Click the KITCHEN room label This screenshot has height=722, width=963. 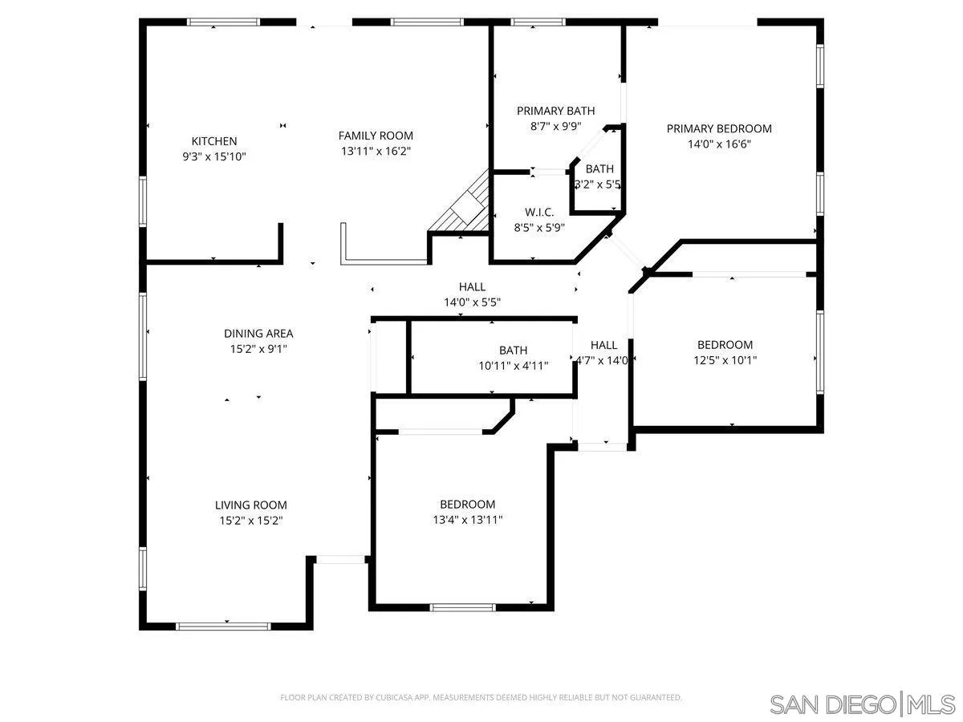[213, 141]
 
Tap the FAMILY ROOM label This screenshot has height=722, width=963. [376, 136]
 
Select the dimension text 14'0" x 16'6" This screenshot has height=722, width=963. [719, 144]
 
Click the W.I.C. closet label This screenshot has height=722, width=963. [539, 212]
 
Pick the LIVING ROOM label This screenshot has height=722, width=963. [250, 505]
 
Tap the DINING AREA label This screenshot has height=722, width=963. [258, 333]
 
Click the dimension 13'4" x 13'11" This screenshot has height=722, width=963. [467, 519]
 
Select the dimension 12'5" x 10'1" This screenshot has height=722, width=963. [725, 360]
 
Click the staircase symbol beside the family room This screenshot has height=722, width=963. [468, 207]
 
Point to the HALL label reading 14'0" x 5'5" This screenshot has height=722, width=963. [472, 286]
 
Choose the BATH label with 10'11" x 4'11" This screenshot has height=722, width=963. [513, 350]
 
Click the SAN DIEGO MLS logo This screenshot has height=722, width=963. [862, 704]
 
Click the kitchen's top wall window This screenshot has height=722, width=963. [224, 22]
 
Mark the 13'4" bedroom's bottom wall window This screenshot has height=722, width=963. [464, 607]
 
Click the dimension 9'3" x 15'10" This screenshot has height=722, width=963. [213, 157]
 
